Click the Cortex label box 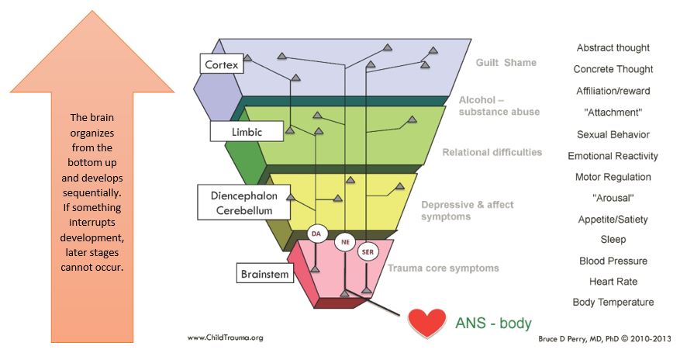click(221, 64)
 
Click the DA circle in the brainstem click(316, 233)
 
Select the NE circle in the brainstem click(344, 242)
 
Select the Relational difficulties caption click(492, 152)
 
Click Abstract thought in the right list click(613, 48)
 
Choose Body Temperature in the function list click(613, 302)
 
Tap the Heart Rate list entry click(613, 282)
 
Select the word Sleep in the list click(613, 240)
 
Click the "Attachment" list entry click(613, 112)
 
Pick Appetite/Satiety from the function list click(613, 219)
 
